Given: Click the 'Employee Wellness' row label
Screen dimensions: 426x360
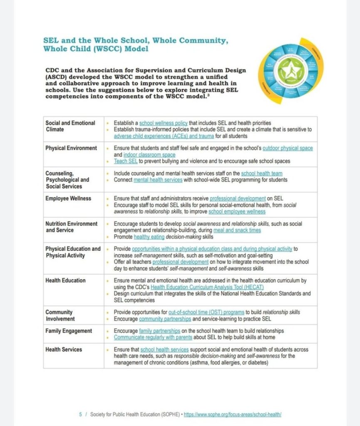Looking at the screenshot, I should [x=68, y=198].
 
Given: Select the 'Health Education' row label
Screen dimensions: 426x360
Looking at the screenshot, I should [x=65, y=280].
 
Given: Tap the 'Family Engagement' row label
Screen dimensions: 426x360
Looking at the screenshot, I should [x=69, y=331].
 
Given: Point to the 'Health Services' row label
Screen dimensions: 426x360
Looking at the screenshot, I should [x=64, y=349].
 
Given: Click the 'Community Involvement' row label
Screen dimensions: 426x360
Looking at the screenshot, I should [x=60, y=315].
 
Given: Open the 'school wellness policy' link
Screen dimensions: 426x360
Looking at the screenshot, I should [x=163, y=123].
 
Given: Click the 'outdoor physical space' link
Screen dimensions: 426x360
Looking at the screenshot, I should [x=285, y=148].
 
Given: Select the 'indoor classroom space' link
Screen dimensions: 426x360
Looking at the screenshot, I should [x=149, y=155].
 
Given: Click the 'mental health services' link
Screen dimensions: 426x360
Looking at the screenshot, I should [x=158, y=180].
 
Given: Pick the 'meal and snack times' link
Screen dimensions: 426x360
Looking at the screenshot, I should [x=237, y=230].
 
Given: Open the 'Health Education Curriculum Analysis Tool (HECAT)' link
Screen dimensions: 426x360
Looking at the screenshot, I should [x=207, y=287].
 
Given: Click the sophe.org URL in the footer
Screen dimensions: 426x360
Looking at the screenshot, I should [x=233, y=414].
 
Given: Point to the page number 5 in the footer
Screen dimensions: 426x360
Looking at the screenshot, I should [x=80, y=414].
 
